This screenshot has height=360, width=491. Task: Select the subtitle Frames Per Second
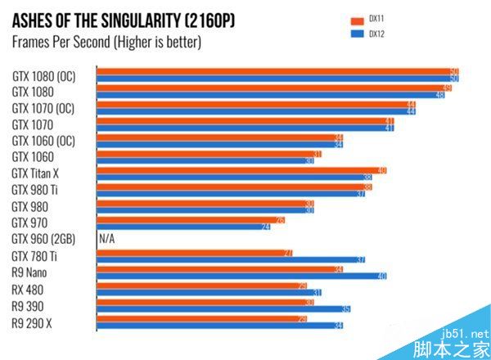click(x=106, y=41)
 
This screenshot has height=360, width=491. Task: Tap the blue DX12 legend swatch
click(x=356, y=34)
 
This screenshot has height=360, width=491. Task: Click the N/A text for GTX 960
click(x=106, y=239)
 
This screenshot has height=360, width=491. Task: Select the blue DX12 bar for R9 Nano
click(x=241, y=277)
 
